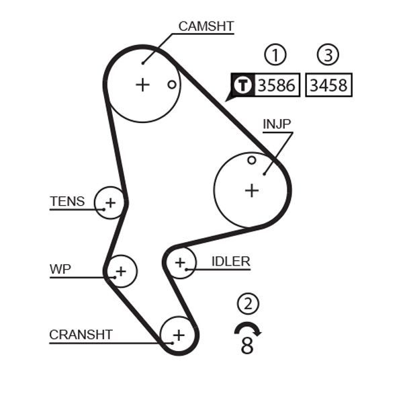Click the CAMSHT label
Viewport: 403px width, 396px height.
(206, 27)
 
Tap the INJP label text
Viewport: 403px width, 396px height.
(277, 124)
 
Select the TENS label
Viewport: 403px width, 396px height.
(67, 201)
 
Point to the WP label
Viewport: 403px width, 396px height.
(60, 270)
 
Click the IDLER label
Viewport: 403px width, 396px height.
(230, 262)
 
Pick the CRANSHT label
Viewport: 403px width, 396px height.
(81, 334)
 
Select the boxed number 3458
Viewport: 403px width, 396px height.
(328, 85)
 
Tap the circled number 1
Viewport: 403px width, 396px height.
(275, 55)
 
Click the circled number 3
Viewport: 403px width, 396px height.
(328, 55)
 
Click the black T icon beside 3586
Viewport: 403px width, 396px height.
(242, 85)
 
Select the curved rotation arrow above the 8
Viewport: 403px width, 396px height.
(248, 328)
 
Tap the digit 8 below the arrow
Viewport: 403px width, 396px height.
(247, 346)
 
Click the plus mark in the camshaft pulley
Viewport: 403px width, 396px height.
(142, 85)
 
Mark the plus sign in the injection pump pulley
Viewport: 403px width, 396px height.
(251, 190)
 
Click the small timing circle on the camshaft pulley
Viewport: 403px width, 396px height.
(172, 85)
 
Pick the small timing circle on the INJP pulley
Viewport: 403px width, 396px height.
(251, 160)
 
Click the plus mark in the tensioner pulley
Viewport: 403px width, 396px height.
(110, 202)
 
